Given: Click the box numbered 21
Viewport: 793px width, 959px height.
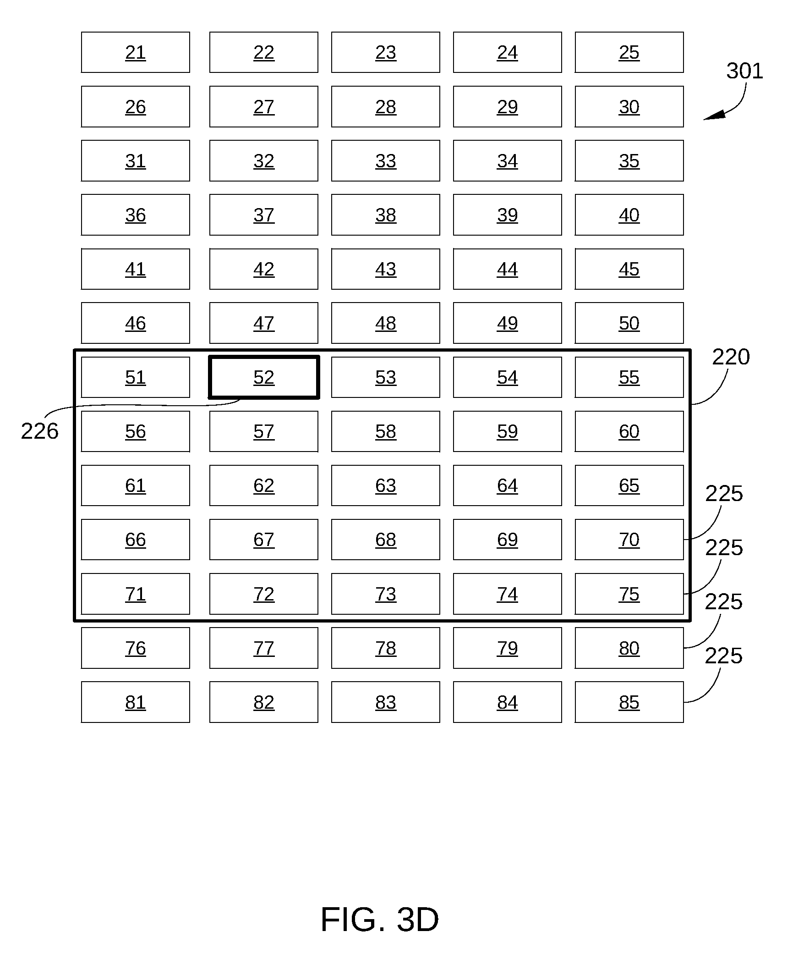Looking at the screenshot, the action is [x=136, y=52].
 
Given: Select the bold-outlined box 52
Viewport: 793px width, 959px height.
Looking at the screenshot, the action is [x=264, y=377].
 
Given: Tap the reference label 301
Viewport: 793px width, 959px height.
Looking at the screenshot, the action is [x=744, y=71].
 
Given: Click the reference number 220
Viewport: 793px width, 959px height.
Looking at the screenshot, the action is [x=731, y=357].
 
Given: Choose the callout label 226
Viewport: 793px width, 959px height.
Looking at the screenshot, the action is [x=40, y=431].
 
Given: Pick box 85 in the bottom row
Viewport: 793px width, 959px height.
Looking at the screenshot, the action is [x=629, y=702].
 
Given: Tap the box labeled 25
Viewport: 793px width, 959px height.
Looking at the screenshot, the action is [x=629, y=52].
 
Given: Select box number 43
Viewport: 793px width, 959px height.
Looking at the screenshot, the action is [x=386, y=269].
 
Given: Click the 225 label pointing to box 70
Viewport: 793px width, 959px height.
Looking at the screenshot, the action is [x=724, y=494].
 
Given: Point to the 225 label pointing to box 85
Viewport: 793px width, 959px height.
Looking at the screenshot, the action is [x=724, y=656].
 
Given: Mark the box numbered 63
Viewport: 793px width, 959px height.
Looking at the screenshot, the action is [x=386, y=485].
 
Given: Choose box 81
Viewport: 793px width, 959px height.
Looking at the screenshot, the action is [x=136, y=702].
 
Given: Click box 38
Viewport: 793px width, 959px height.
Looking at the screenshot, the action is [x=386, y=215].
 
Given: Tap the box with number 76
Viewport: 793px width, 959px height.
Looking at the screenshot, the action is [x=136, y=648].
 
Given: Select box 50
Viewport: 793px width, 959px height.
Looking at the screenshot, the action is [x=629, y=323].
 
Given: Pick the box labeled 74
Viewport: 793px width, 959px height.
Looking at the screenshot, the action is [x=508, y=594].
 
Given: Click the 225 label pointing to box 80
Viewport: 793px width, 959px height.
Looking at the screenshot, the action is [x=724, y=602].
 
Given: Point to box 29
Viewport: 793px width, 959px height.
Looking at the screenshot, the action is [x=508, y=107].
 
